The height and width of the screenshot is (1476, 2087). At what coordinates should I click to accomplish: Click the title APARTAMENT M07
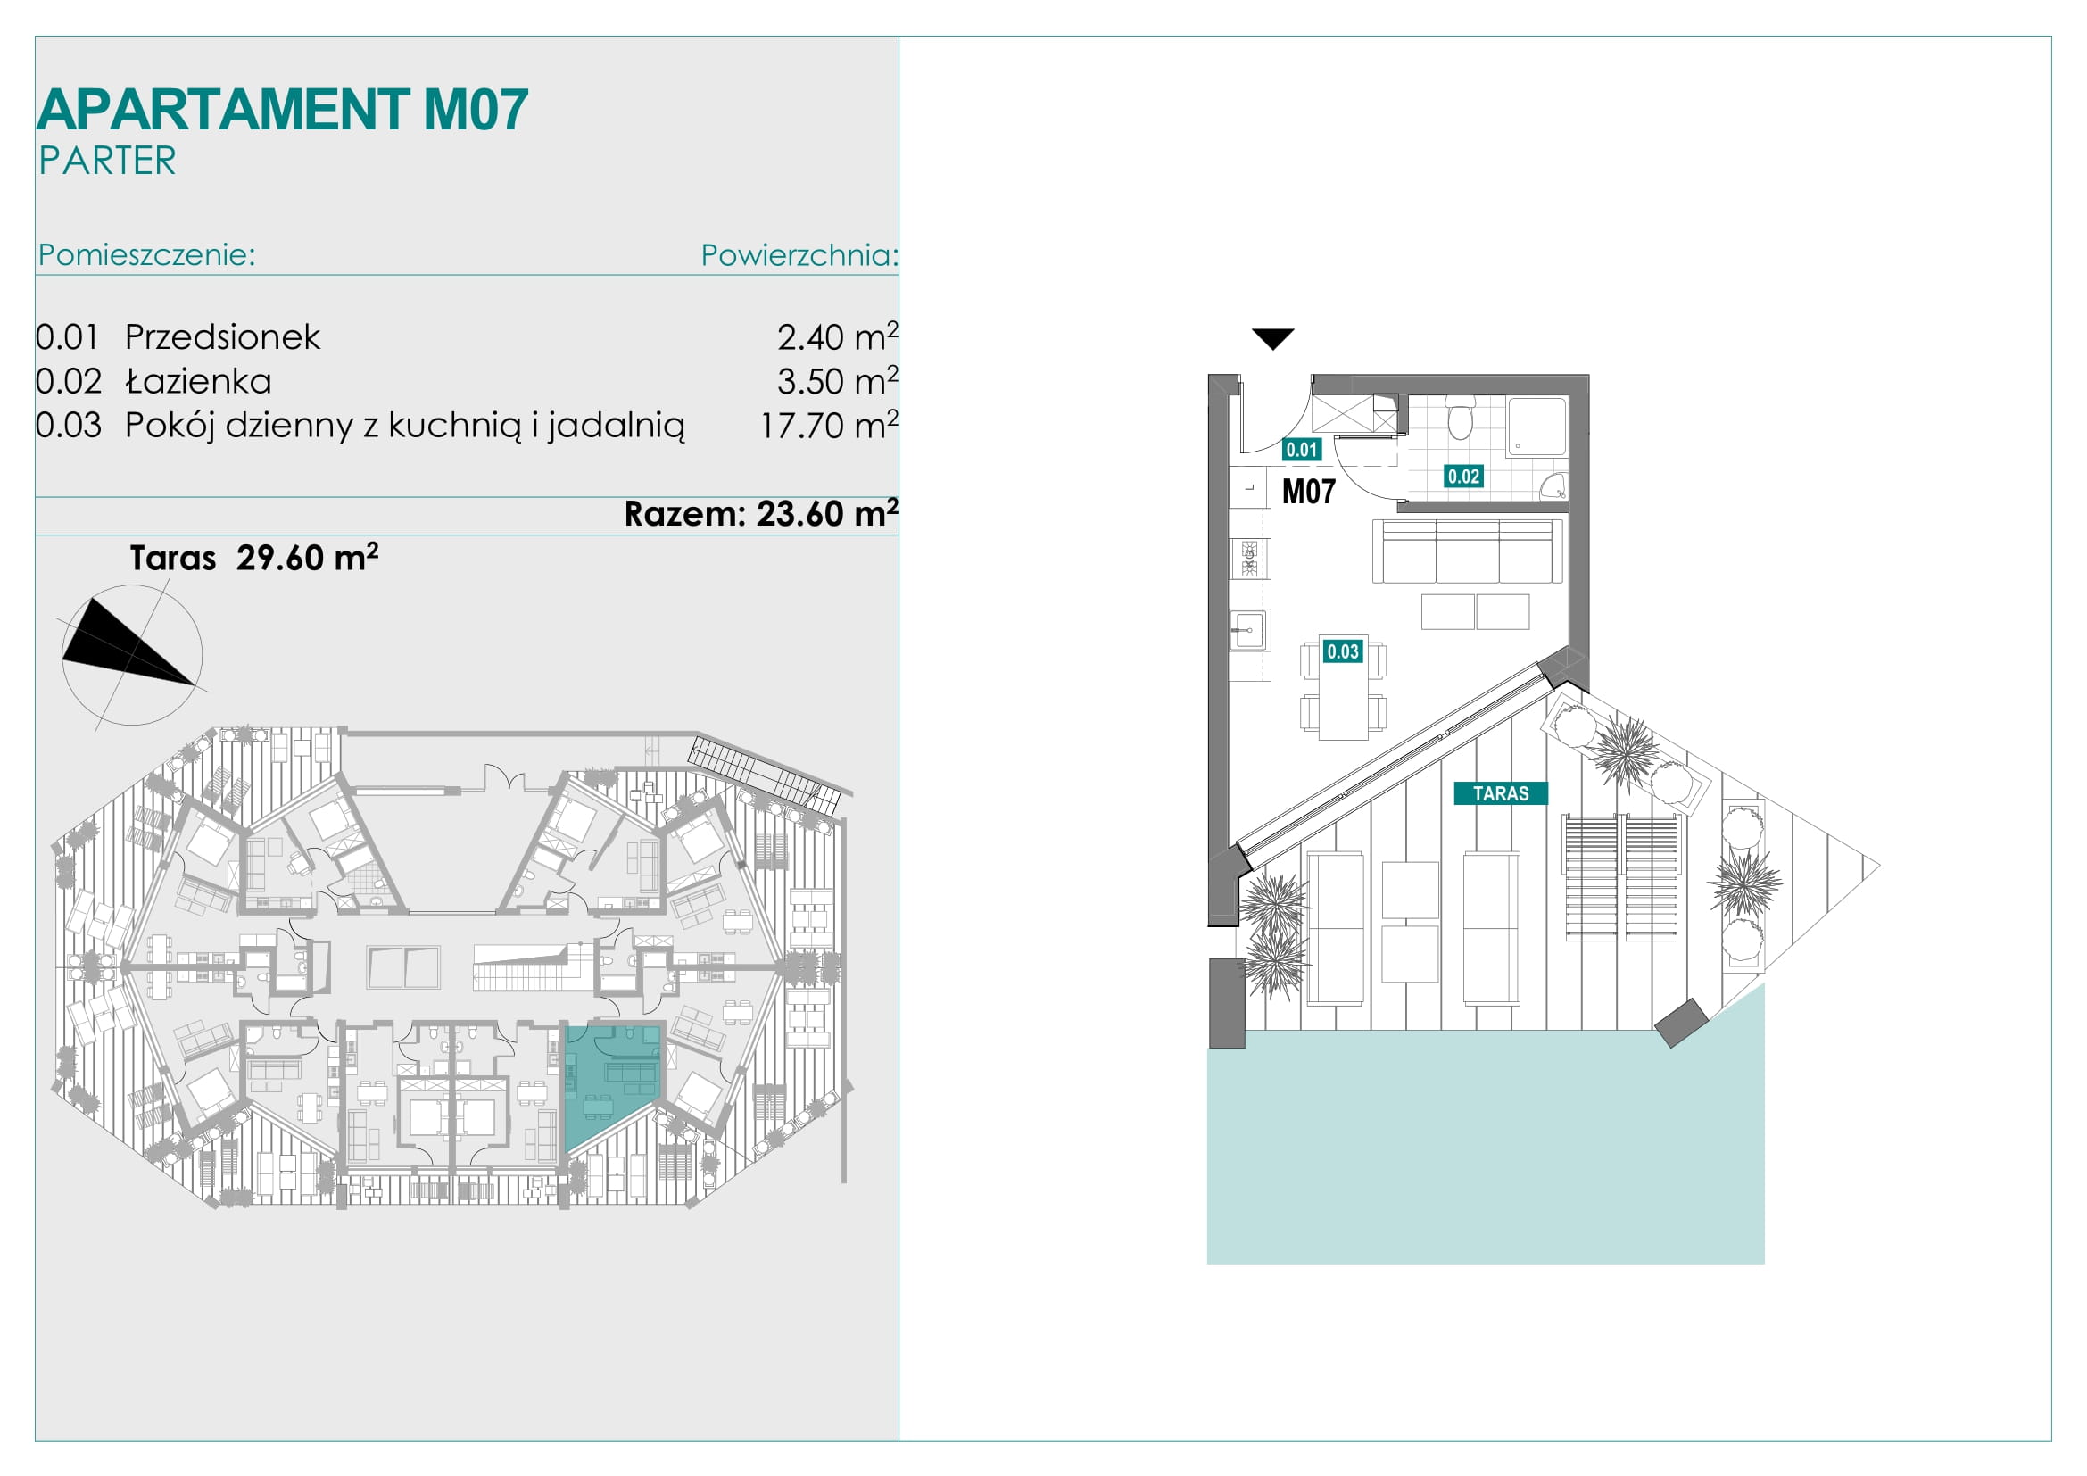283,110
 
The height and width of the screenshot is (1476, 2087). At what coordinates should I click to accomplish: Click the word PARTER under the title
107,161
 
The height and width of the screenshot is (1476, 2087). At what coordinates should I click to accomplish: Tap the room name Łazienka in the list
198,381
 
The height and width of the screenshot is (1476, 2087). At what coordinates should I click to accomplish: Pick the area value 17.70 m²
829,425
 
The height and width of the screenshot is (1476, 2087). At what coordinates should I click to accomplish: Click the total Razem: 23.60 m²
761,513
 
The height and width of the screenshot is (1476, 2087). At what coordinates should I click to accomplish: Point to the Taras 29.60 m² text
253,557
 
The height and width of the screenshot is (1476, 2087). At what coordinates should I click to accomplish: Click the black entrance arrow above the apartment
1272,338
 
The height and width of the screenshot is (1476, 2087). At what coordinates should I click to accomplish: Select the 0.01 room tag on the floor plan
1302,449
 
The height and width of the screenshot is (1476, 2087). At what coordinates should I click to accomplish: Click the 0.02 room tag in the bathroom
1463,477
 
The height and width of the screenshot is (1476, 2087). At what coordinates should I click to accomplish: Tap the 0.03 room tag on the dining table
1343,651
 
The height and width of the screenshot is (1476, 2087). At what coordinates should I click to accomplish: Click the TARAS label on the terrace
1501,793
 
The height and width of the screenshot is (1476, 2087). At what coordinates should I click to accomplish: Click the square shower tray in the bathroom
1537,427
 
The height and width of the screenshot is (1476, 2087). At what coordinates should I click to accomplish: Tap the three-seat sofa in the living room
1467,551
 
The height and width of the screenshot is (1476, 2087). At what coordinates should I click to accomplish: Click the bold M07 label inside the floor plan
1309,492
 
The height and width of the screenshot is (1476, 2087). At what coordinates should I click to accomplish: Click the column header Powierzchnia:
799,255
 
